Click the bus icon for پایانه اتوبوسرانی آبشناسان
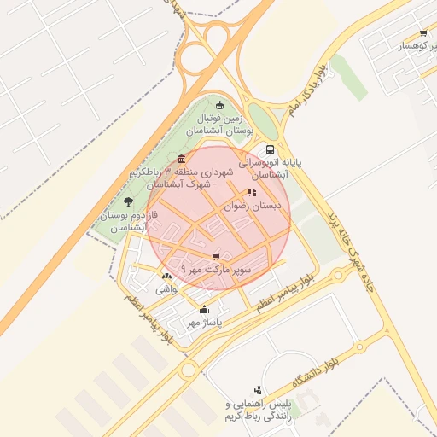(271, 148)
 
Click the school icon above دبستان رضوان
(251, 193)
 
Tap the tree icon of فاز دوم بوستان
(128, 202)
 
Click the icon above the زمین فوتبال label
(220, 105)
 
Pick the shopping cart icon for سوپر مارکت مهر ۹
(216, 256)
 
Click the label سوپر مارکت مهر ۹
(215, 270)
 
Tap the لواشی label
(166, 289)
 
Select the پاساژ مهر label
(204, 323)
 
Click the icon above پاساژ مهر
(204, 310)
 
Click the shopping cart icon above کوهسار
(423, 33)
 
